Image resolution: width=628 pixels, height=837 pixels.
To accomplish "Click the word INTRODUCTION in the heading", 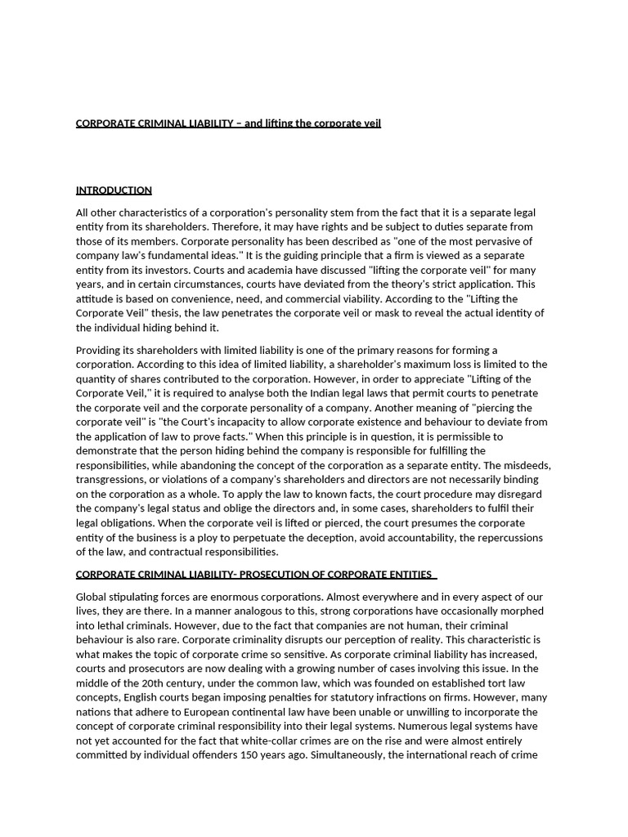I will coord(114,190).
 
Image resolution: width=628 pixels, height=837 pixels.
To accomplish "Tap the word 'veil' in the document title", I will coord(370,123).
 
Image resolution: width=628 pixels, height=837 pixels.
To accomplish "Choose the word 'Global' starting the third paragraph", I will coord(92,597).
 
